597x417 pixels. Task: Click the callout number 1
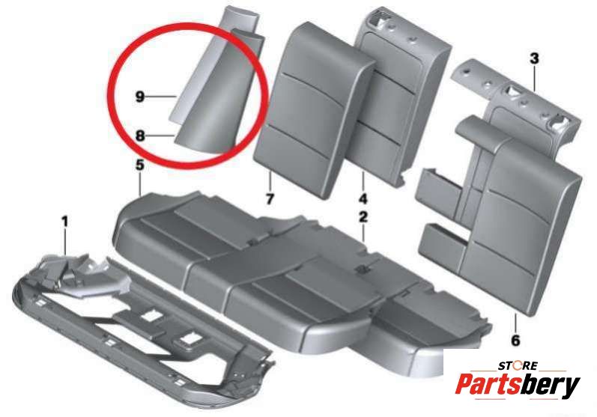coord(65,221)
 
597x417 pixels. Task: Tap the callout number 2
coord(363,217)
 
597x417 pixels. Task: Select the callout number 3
coord(535,58)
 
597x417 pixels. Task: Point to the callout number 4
coord(363,198)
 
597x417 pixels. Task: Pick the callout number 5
coord(140,165)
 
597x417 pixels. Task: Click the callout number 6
coord(515,340)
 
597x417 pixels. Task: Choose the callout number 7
coord(270,198)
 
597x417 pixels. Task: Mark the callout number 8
coord(140,135)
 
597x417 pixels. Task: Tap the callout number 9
coord(140,97)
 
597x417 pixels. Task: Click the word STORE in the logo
coord(518,366)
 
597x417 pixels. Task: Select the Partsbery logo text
coord(518,385)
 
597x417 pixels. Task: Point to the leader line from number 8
coord(160,135)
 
